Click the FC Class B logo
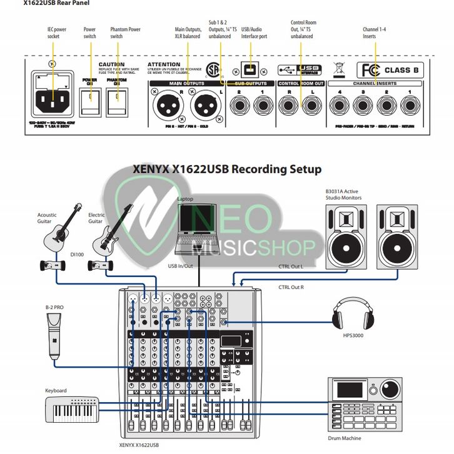click(388, 69)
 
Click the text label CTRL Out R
click(292, 287)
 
